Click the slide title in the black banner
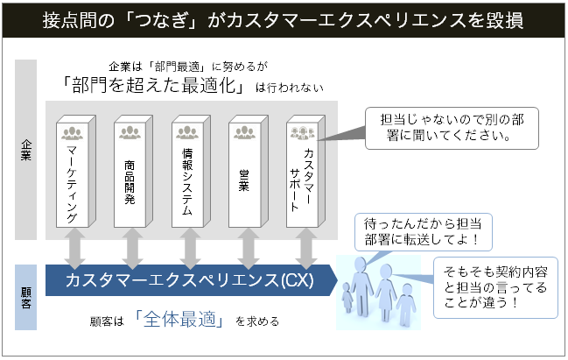pos(284,20)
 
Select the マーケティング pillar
pos(74,174)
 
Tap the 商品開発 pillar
pos(132,174)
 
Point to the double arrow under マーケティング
pos(74,250)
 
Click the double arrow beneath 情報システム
pos(190,250)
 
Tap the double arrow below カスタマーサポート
pos(305,250)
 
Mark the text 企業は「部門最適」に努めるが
pos(187,66)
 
